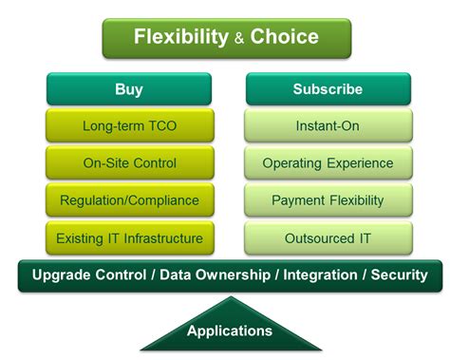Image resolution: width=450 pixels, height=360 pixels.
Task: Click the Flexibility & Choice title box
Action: [226, 38]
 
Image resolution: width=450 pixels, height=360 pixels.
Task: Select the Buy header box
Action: [129, 89]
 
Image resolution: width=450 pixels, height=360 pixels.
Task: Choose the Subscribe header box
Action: [328, 89]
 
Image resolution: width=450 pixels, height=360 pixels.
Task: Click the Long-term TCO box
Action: [129, 125]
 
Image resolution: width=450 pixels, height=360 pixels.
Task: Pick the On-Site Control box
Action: [129, 162]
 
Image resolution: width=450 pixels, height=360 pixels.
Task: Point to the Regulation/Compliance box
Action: [129, 199]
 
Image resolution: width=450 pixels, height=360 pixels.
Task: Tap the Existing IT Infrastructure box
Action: [129, 237]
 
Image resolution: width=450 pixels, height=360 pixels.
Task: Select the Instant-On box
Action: [328, 125]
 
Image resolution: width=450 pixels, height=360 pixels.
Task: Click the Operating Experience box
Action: [328, 162]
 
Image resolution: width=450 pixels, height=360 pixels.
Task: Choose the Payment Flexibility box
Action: [328, 199]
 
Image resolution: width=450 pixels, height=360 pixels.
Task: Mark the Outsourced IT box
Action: [328, 237]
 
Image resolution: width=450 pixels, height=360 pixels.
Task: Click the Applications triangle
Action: [229, 328]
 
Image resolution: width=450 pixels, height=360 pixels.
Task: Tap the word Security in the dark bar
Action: [398, 275]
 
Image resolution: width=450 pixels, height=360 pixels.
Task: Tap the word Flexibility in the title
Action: [180, 38]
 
